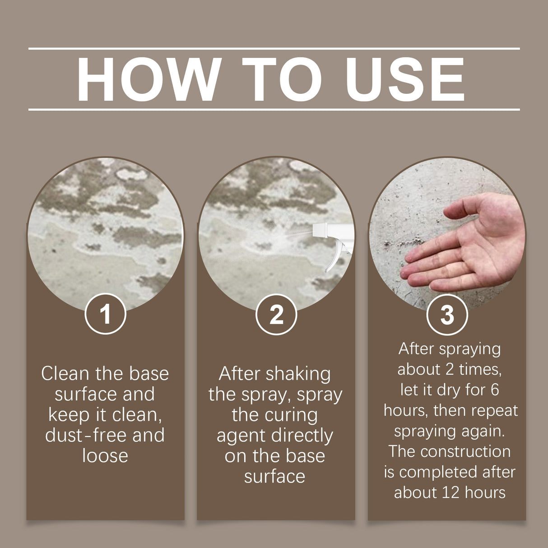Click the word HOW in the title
point(147,79)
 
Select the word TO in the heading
point(282,79)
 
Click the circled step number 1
point(105,314)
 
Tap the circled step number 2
point(276,314)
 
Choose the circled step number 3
point(447,315)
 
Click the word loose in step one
point(105,455)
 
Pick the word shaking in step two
point(298,374)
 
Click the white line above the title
point(274,48)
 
